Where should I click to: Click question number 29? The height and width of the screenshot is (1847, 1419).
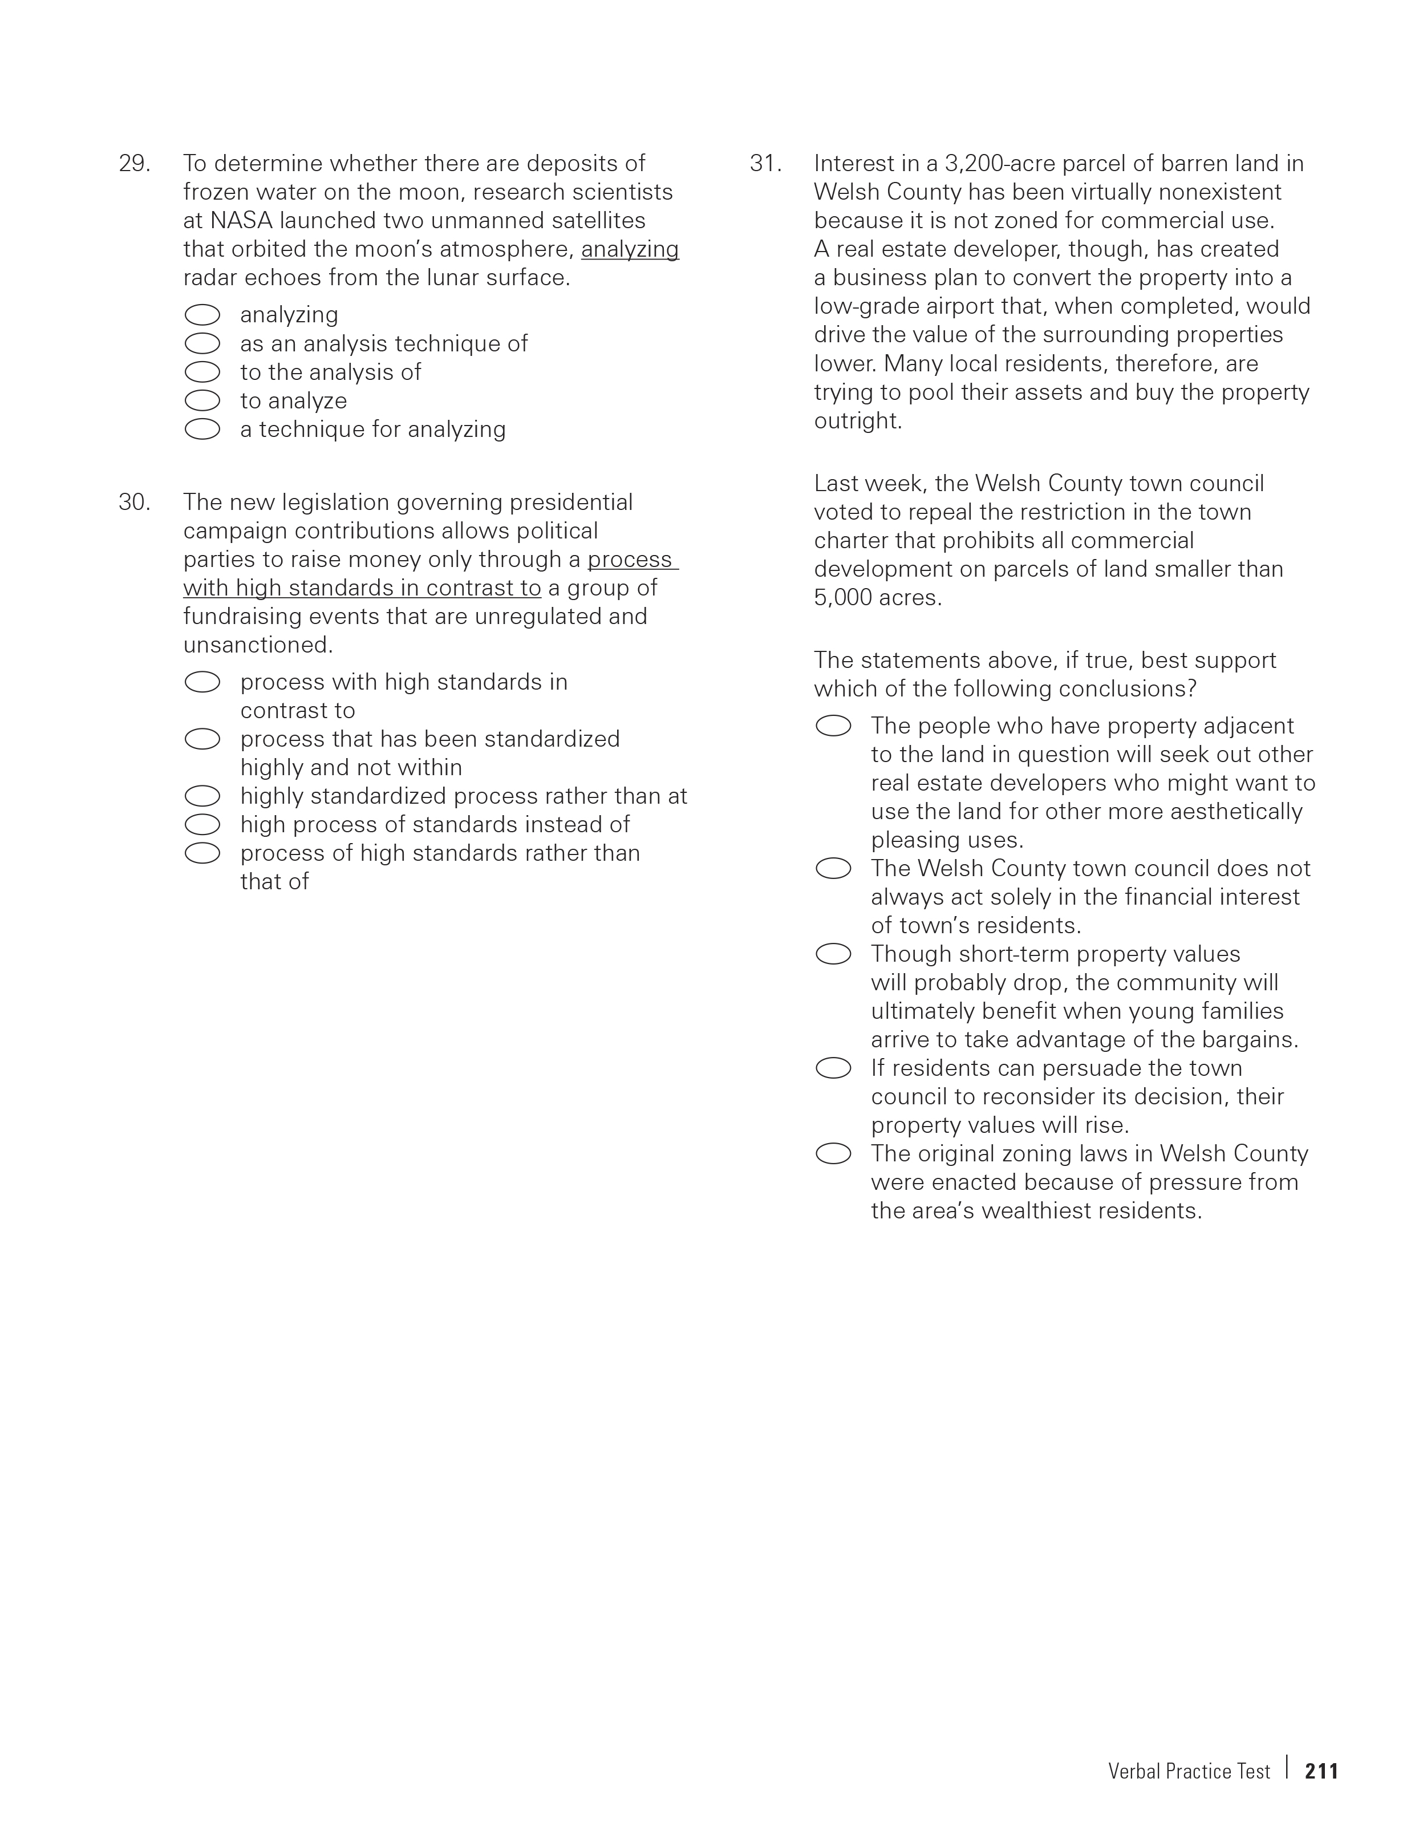point(134,163)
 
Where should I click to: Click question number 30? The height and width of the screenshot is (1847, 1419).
point(134,503)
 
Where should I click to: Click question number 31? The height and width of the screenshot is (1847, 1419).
point(765,163)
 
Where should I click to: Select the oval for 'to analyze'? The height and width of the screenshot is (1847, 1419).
point(202,401)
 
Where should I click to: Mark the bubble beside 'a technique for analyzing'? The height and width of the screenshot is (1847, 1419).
point(202,430)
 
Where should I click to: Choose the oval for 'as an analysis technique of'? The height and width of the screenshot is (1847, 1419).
point(202,344)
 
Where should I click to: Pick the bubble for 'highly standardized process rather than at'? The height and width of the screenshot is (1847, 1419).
point(202,796)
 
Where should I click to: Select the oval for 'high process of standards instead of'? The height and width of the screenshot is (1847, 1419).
point(202,825)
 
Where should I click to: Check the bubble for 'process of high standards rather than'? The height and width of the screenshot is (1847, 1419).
point(202,854)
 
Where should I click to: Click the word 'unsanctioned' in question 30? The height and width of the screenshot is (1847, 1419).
point(257,645)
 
